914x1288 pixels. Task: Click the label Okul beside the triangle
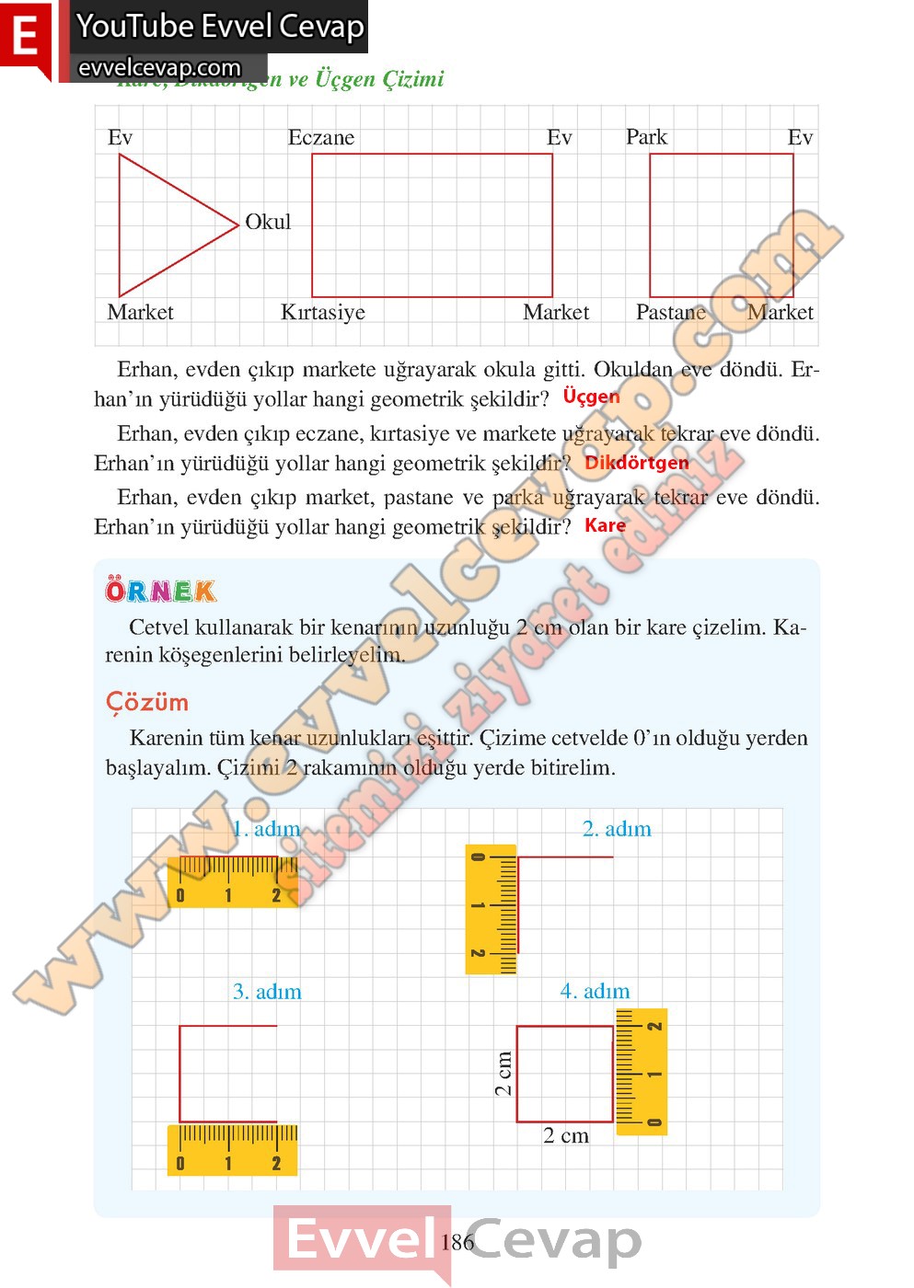[268, 222]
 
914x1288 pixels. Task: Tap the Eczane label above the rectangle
[320, 138]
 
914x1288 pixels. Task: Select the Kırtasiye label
[322, 313]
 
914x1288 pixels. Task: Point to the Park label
[646, 137]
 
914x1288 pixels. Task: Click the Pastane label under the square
[670, 313]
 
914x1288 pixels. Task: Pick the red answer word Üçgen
[591, 397]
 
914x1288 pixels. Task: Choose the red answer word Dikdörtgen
[636, 462]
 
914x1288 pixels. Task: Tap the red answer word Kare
[605, 525]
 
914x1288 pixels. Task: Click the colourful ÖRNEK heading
[161, 591]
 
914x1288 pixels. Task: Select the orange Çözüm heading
[147, 702]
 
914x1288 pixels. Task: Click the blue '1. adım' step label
[266, 829]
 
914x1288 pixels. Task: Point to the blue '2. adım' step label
[617, 829]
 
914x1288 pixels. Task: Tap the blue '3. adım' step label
[267, 992]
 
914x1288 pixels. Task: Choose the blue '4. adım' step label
[595, 991]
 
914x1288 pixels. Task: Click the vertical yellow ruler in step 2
[492, 909]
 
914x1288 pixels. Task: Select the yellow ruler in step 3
[232, 1150]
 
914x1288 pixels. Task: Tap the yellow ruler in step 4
[641, 1071]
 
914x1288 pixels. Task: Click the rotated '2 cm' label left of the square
[503, 1073]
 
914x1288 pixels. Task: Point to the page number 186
[457, 1242]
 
